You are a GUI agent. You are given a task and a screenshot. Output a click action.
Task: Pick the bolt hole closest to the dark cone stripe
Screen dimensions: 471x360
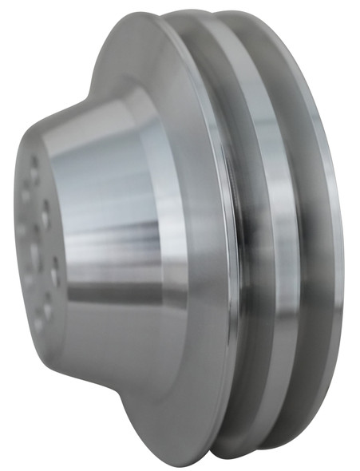55,271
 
